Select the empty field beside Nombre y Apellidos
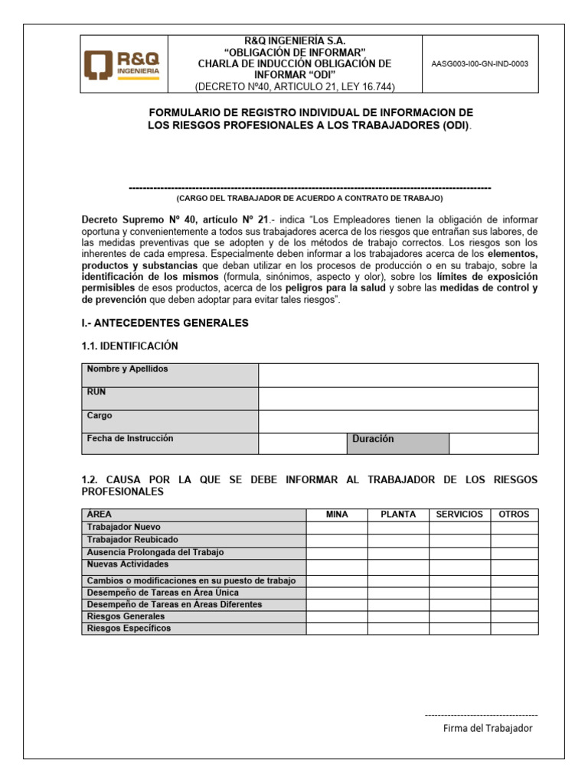tap(398, 375)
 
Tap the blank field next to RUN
tap(398, 398)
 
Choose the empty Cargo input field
tap(398, 421)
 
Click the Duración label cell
tap(397, 443)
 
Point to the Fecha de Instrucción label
tap(130, 439)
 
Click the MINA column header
tap(337, 515)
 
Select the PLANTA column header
tap(398, 515)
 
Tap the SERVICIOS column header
tap(459, 515)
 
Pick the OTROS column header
tap(514, 515)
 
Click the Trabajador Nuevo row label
tap(124, 528)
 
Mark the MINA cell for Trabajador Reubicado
tap(337, 540)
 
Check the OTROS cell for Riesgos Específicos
tap(514, 629)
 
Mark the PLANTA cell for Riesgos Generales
tap(398, 616)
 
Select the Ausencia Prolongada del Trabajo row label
tap(155, 552)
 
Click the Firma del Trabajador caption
tap(488, 728)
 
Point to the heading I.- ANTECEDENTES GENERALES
tap(165, 323)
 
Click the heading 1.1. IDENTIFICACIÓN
tap(129, 346)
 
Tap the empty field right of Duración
tap(493, 443)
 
